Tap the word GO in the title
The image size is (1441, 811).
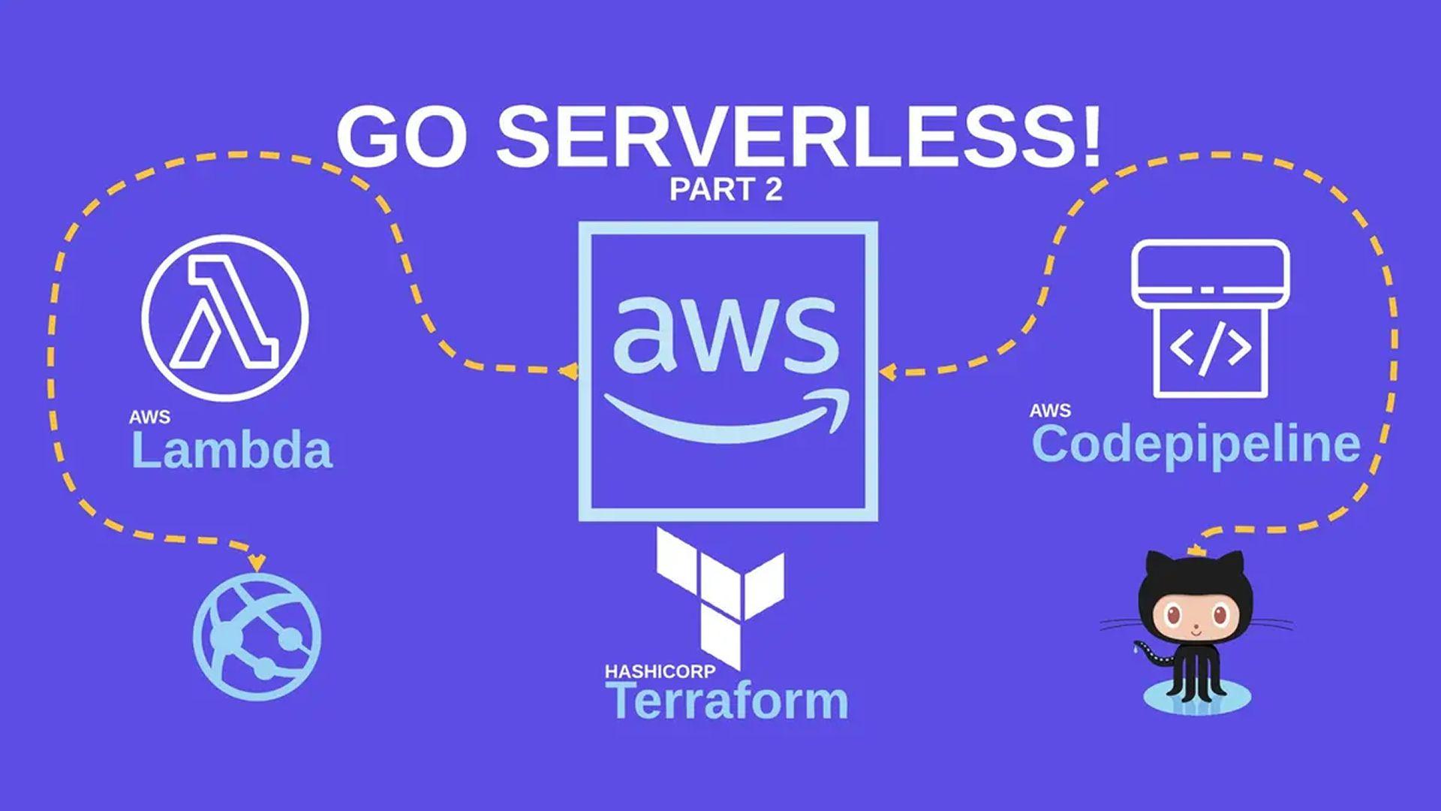coord(402,137)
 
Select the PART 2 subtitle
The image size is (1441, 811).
coord(726,189)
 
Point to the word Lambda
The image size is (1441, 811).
coord(231,451)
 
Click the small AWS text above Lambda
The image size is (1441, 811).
coord(149,418)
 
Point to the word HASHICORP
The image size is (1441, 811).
coord(660,671)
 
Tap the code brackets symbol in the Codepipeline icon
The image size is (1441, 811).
coord(1210,349)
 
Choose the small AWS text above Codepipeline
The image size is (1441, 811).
coord(1050,411)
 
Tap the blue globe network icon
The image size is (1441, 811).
coord(257,636)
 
